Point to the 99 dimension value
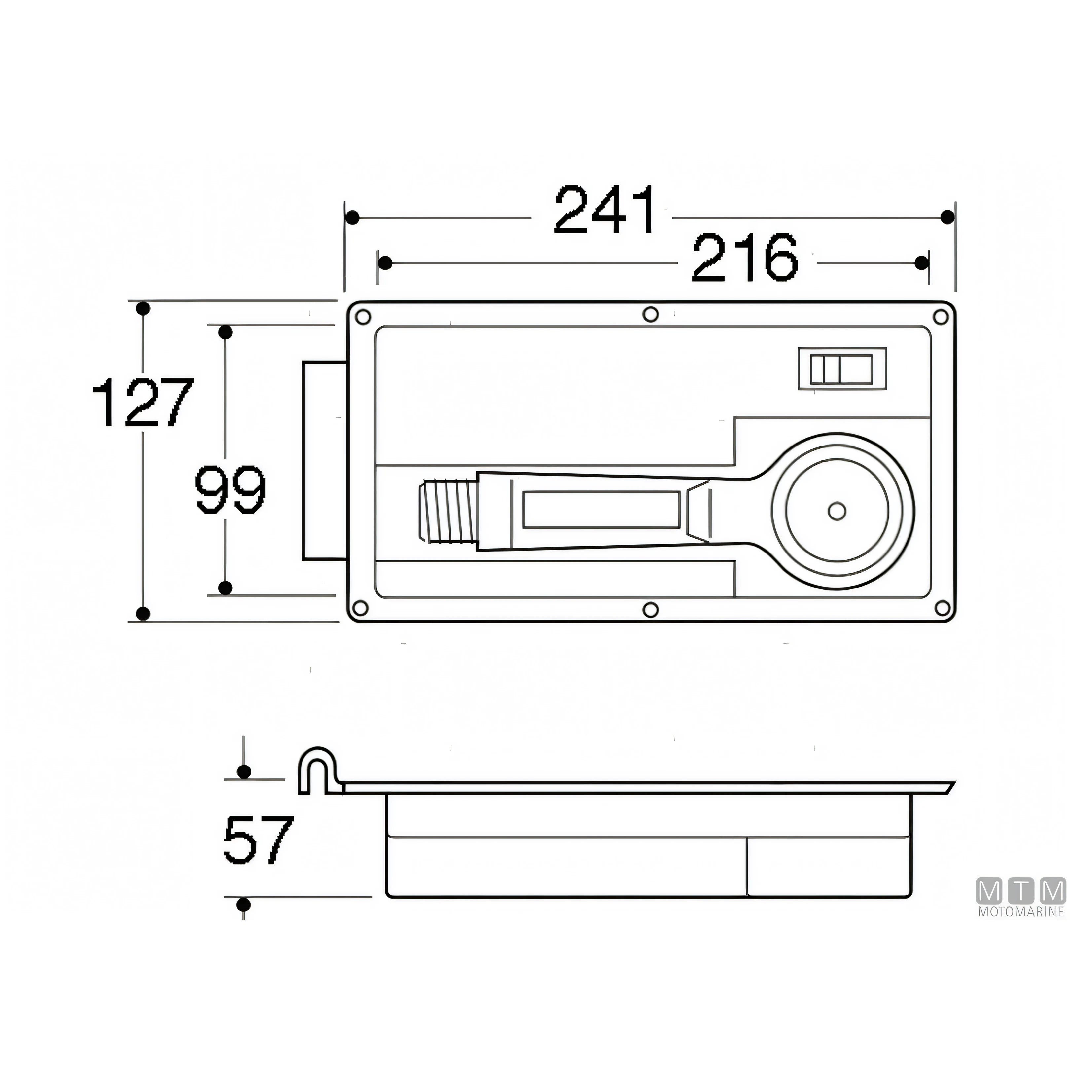coord(231,489)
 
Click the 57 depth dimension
coord(258,839)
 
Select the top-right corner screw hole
coord(941,317)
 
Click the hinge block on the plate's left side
coord(326,461)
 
